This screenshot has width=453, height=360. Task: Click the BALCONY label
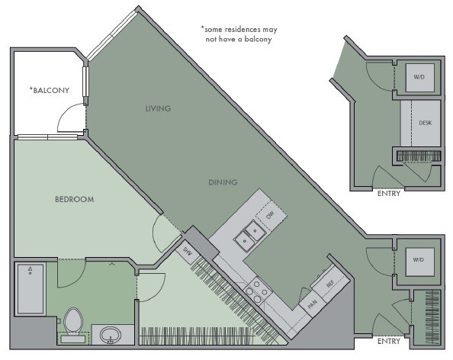pyautogui.click(x=50, y=90)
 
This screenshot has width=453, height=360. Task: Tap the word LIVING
pyautogui.click(x=158, y=108)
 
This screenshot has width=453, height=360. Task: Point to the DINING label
pyautogui.click(x=223, y=182)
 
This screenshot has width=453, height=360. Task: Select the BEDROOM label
pyautogui.click(x=75, y=199)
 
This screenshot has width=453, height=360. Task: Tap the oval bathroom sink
pyautogui.click(x=111, y=335)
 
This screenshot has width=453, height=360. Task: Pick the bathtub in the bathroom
pyautogui.click(x=31, y=288)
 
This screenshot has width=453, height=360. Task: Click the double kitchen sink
pyautogui.click(x=250, y=235)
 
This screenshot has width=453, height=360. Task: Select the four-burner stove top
pyautogui.click(x=257, y=291)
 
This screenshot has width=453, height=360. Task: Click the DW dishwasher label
pyautogui.click(x=270, y=215)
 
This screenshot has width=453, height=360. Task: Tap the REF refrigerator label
pyautogui.click(x=330, y=284)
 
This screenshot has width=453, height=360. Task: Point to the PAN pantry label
pyautogui.click(x=313, y=304)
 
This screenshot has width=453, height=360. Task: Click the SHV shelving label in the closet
pyautogui.click(x=188, y=252)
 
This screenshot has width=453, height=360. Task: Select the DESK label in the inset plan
pyautogui.click(x=426, y=123)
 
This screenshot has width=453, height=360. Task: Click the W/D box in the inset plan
pyautogui.click(x=419, y=78)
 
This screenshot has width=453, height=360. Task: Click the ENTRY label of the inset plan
pyautogui.click(x=389, y=193)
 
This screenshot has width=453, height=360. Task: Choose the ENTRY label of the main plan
pyautogui.click(x=389, y=341)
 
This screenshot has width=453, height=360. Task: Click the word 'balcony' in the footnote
pyautogui.click(x=258, y=39)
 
